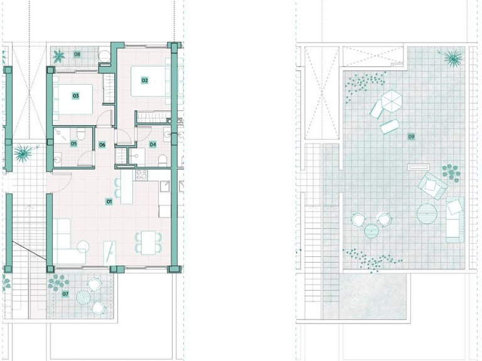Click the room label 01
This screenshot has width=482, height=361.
(x=109, y=202)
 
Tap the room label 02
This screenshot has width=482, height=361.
(x=144, y=80)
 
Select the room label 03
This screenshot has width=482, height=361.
(x=75, y=96)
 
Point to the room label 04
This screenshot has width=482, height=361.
(x=153, y=144)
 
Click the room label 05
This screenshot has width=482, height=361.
(x=73, y=144)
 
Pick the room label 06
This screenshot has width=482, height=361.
(x=102, y=145)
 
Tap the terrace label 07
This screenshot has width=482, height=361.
(x=65, y=294)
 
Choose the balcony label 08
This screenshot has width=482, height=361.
(x=77, y=55)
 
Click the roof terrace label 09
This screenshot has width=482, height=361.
(x=411, y=137)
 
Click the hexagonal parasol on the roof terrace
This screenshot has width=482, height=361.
(x=392, y=101)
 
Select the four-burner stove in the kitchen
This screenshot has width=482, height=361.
(x=142, y=175)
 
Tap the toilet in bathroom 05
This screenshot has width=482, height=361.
(x=81, y=134)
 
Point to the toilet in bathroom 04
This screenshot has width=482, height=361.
(x=163, y=161)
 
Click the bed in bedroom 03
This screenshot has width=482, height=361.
(x=73, y=99)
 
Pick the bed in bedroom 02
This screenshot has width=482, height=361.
(x=151, y=81)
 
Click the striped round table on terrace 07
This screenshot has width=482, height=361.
(x=83, y=297)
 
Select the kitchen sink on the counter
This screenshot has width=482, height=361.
(x=165, y=186)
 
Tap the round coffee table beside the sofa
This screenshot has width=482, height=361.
(x=83, y=247)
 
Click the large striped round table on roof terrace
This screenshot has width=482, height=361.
(x=427, y=213)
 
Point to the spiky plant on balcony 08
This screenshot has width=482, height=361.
(x=58, y=56)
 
